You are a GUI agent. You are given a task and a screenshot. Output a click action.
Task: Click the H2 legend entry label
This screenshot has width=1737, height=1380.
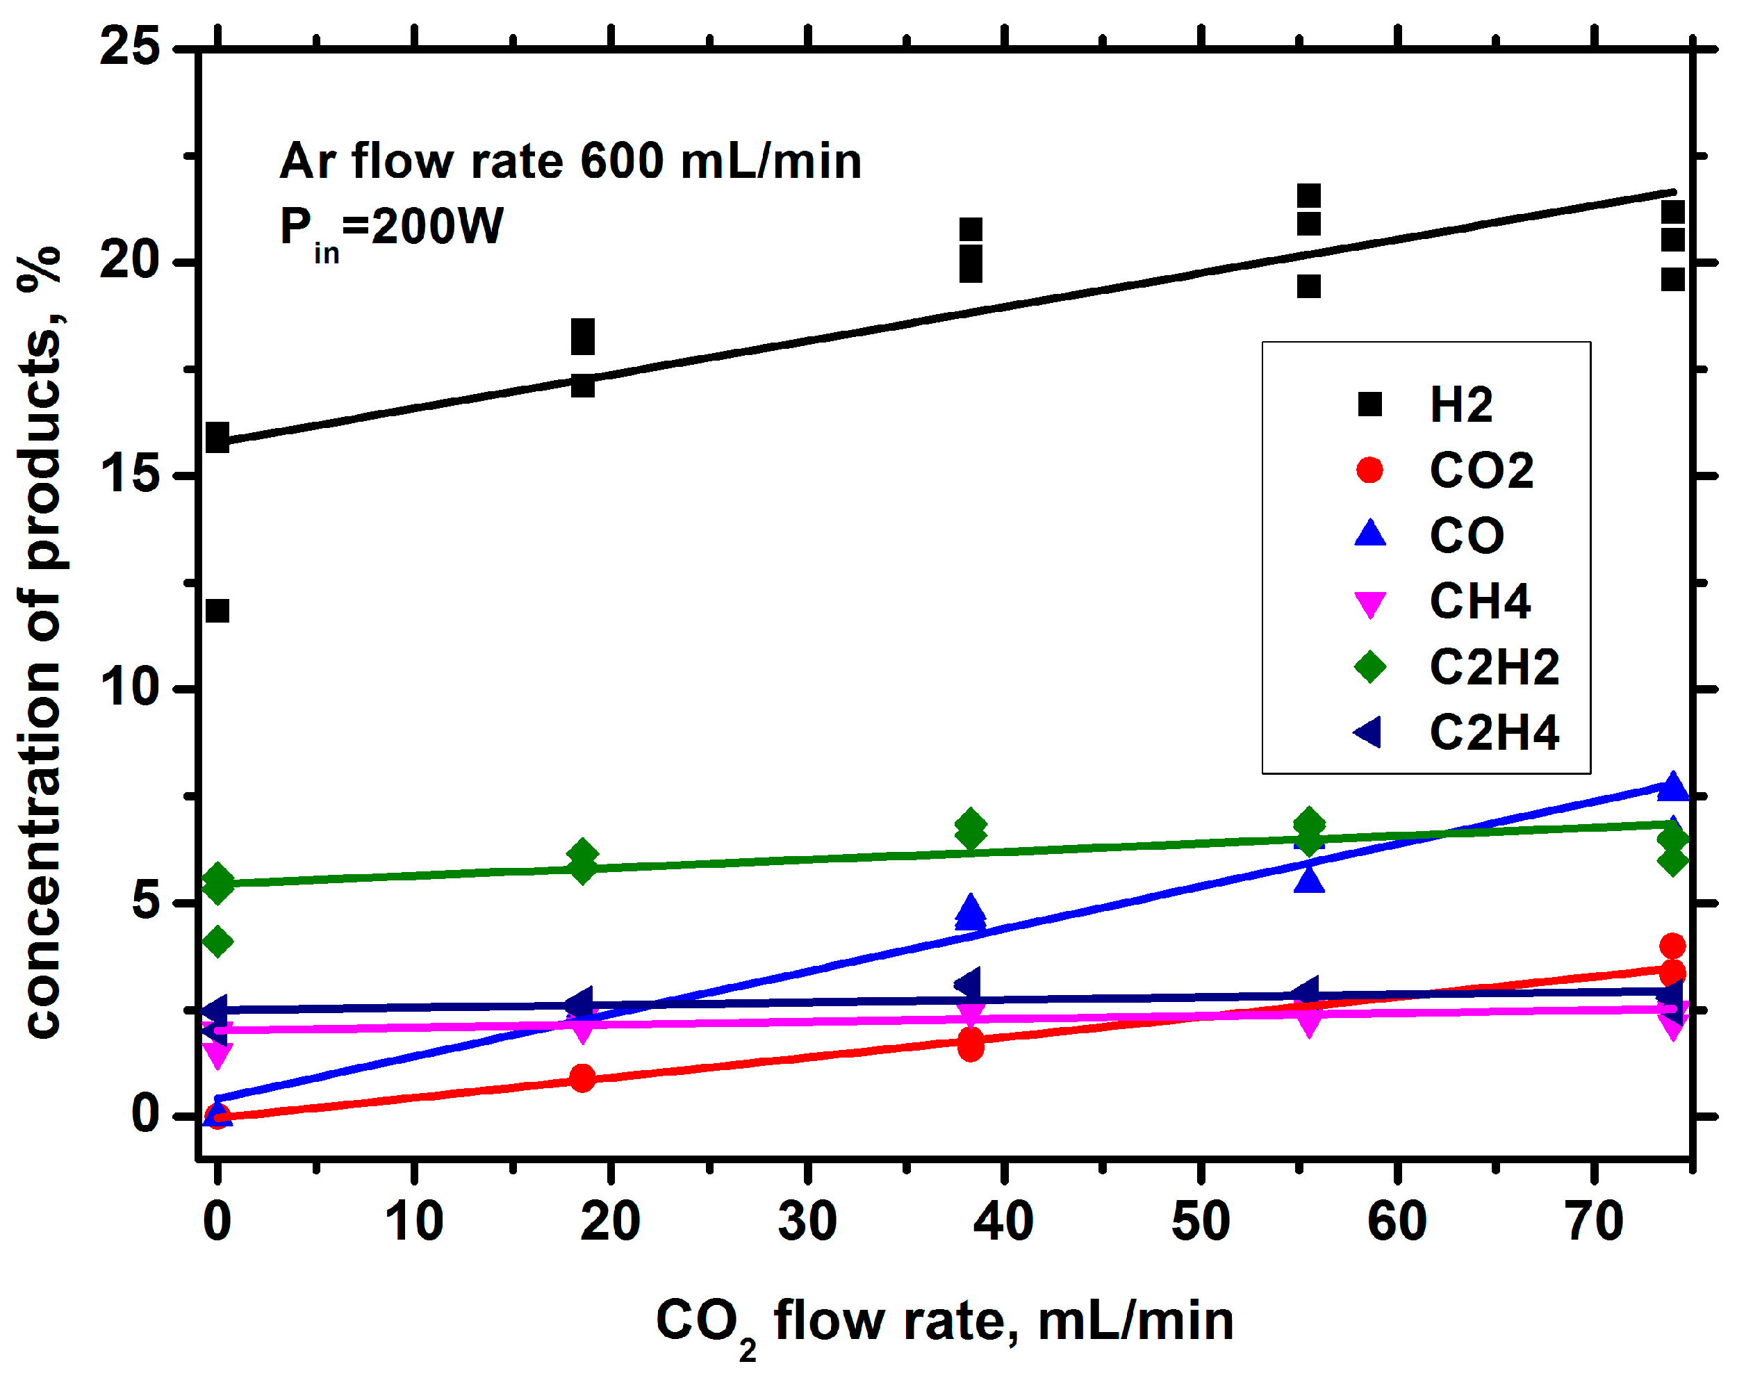1460,404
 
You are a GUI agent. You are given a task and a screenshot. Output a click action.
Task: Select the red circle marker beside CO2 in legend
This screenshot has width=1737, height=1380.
1369,470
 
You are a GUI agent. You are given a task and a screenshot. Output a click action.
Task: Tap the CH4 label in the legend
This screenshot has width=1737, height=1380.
1479,601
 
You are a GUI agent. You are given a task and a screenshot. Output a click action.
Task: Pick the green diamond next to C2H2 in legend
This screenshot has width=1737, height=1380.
1369,666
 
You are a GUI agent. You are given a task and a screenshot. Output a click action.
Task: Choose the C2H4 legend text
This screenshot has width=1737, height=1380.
1494,732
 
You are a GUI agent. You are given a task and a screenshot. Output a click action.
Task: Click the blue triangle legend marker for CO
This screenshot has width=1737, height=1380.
1369,534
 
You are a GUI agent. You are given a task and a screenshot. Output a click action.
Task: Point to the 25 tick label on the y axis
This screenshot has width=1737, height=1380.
130,47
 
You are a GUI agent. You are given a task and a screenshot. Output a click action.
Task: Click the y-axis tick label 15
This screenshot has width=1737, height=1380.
130,474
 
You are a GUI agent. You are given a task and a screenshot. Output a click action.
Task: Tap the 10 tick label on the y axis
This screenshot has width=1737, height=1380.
130,687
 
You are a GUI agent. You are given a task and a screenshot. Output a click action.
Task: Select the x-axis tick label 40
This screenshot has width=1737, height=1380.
1003,1222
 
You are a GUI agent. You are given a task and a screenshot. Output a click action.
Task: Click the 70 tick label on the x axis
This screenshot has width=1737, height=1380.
1594,1222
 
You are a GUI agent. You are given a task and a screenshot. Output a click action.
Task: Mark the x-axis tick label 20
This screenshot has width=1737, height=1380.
610,1222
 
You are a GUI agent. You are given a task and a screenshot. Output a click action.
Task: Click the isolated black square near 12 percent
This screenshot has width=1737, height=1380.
217,611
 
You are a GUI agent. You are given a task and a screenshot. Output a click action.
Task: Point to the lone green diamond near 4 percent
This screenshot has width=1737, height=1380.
217,941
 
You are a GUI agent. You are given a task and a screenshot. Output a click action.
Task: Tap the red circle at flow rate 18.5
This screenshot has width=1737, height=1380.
582,1078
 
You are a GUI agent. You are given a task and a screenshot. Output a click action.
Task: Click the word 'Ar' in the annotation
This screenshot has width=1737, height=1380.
307,162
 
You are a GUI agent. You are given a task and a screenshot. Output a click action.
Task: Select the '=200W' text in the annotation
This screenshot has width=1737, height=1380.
423,227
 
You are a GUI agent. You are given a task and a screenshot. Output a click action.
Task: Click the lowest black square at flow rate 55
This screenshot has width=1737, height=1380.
1309,286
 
